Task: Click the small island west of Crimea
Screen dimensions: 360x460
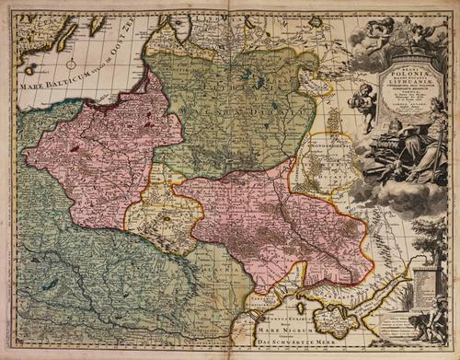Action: tap(298, 305)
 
